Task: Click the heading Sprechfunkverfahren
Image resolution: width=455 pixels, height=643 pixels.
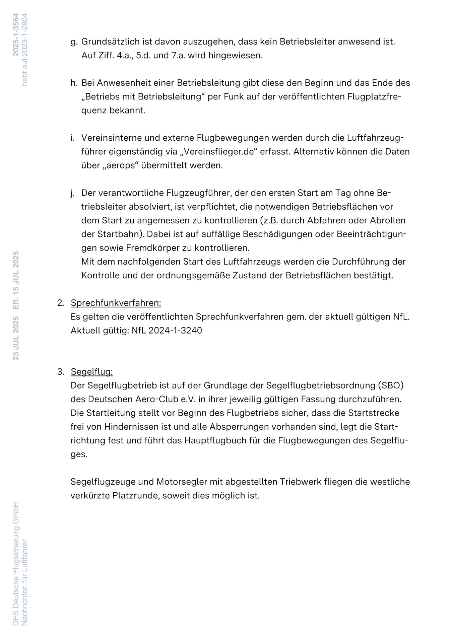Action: point(116,303)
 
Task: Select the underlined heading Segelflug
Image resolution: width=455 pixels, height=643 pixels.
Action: point(92,372)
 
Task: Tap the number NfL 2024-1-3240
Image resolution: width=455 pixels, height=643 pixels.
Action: point(167,331)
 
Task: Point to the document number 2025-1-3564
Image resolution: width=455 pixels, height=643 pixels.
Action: point(16,34)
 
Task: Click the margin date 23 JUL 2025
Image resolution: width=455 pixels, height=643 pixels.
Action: point(16,338)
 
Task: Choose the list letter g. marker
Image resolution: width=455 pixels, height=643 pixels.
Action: point(74,42)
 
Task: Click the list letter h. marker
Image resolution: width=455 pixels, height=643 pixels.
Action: point(74,83)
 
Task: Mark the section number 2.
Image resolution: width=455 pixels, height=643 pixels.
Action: point(60,303)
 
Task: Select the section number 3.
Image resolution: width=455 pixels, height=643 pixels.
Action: point(60,372)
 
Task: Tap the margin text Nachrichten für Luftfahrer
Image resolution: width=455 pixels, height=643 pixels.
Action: point(24,582)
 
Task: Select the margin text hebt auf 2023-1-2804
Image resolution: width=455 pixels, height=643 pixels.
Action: point(24,50)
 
